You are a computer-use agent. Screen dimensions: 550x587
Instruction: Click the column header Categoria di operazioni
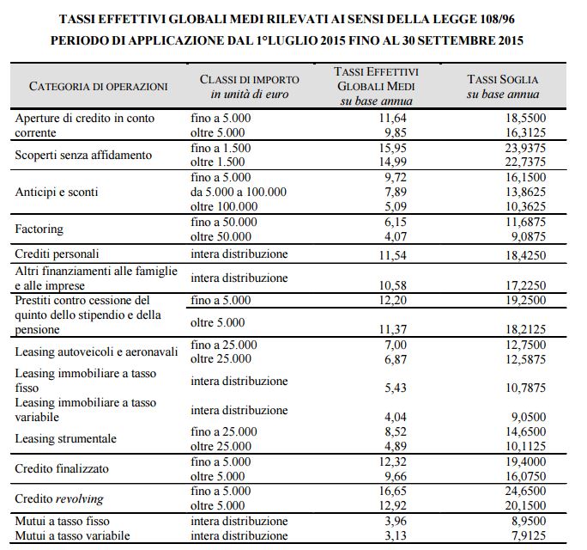point(98,86)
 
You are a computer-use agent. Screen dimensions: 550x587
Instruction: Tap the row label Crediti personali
point(57,254)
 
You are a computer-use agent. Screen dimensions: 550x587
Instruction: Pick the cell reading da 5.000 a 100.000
point(239,192)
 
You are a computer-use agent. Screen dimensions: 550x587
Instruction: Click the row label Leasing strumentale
point(65,438)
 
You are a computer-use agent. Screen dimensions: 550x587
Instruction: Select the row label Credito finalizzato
point(63,468)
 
